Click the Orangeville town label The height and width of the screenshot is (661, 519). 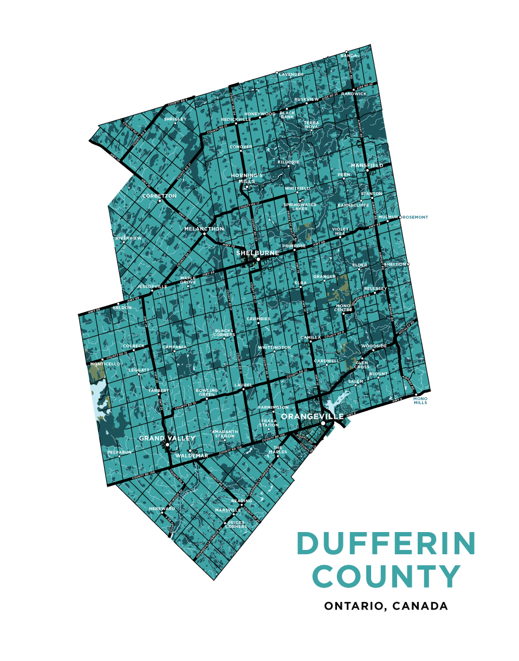313,416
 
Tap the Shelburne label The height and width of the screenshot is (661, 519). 258,253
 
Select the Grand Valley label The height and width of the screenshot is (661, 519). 166,438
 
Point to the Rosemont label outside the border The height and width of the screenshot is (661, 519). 415,217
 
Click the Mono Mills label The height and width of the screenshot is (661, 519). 420,401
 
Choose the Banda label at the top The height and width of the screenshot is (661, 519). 349,56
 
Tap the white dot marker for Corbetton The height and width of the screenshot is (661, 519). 160,202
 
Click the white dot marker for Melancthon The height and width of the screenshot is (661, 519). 204,235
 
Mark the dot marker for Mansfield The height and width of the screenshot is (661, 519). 367,171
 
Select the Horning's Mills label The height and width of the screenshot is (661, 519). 246,178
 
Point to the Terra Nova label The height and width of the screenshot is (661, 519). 312,125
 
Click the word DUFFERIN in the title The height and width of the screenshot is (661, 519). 386,543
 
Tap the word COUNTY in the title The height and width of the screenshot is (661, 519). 386,576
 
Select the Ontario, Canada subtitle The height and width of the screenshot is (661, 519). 386,606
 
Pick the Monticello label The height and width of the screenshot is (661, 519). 105,364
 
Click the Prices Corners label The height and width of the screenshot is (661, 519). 236,524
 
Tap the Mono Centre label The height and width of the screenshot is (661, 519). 344,308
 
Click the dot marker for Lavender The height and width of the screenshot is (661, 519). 277,73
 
